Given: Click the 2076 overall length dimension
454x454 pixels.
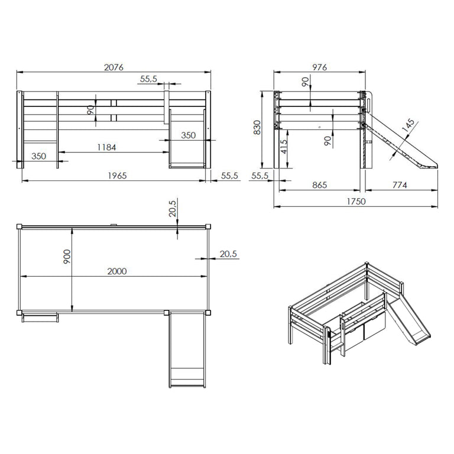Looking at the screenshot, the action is click(113, 67).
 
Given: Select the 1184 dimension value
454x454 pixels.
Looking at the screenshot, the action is click(106, 147).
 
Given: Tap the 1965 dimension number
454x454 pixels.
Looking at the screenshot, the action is click(117, 176).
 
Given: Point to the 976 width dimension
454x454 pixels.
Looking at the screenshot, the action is click(320, 67).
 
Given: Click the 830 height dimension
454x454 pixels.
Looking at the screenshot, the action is click(257, 128).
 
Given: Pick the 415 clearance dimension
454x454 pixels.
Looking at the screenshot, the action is click(284, 147).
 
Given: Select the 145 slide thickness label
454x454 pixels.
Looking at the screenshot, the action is click(408, 126).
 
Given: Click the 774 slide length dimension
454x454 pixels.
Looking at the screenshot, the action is click(400, 185).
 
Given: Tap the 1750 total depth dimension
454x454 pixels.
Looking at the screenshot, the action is click(356, 202).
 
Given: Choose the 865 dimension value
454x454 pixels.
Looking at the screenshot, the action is click(320, 185).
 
